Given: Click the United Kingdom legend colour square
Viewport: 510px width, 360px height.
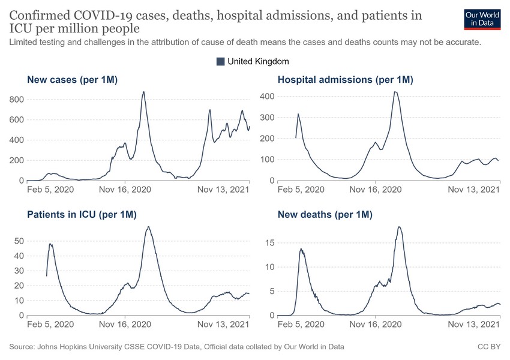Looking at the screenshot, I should (x=220, y=61).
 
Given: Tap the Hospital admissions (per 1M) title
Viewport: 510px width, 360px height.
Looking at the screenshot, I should (x=345, y=79).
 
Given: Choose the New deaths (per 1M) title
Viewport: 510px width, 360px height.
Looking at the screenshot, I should (x=325, y=214).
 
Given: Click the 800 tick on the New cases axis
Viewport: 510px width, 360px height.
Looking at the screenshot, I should (x=16, y=100).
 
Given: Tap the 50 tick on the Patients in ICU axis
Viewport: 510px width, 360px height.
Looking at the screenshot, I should (x=19, y=241).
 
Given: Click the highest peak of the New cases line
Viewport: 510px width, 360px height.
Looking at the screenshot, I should (x=143, y=92).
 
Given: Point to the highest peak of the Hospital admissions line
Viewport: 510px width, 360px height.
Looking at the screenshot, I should (x=395, y=92).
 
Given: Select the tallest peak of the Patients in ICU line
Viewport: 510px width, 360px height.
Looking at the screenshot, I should (x=148, y=227).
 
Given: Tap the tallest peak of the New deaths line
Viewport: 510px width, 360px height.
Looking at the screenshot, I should (x=399, y=227).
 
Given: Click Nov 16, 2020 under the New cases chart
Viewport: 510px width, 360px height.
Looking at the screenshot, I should (x=124, y=190).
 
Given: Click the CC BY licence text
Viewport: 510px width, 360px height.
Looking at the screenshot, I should (x=488, y=347).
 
